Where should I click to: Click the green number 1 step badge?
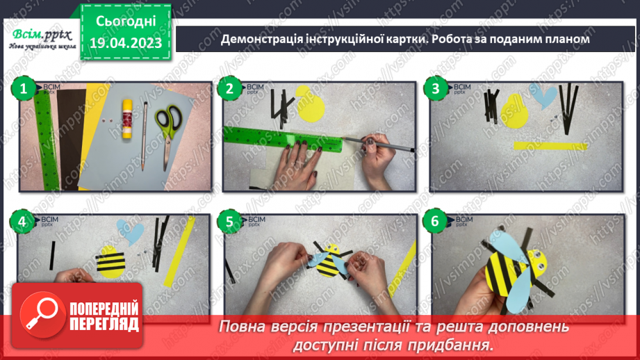23,88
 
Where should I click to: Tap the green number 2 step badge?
228,88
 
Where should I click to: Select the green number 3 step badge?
435,88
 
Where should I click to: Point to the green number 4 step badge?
23,222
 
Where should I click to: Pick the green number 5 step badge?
228,222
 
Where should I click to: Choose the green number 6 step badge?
435,222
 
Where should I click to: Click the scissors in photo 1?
167,132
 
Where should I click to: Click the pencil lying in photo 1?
145,136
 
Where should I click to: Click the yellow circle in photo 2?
310,103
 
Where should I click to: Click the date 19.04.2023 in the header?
126,43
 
